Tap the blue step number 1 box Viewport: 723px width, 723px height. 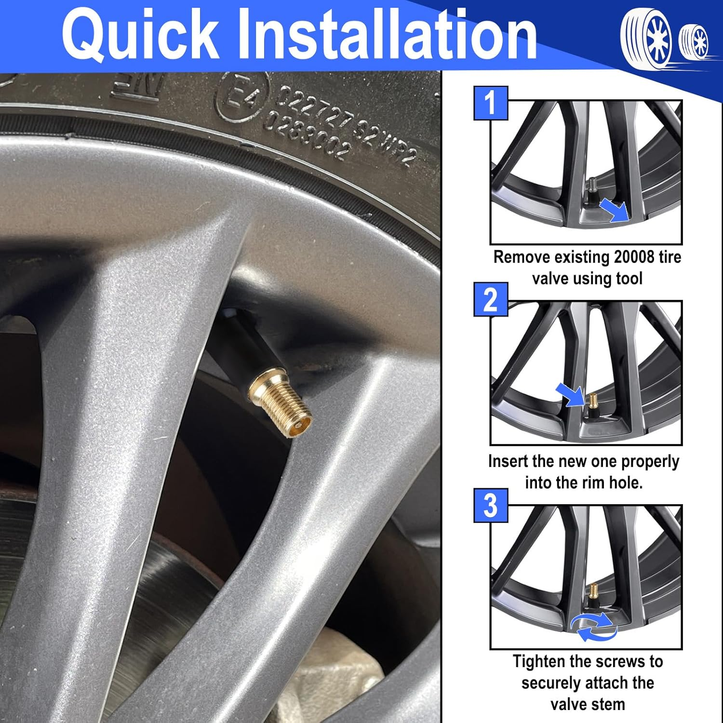pos(491,103)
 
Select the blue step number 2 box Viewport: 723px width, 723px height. pos(491,299)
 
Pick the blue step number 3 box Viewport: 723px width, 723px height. pos(491,505)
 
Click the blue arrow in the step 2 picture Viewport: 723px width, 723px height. pos(570,394)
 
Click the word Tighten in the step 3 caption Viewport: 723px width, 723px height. pos(539,661)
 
